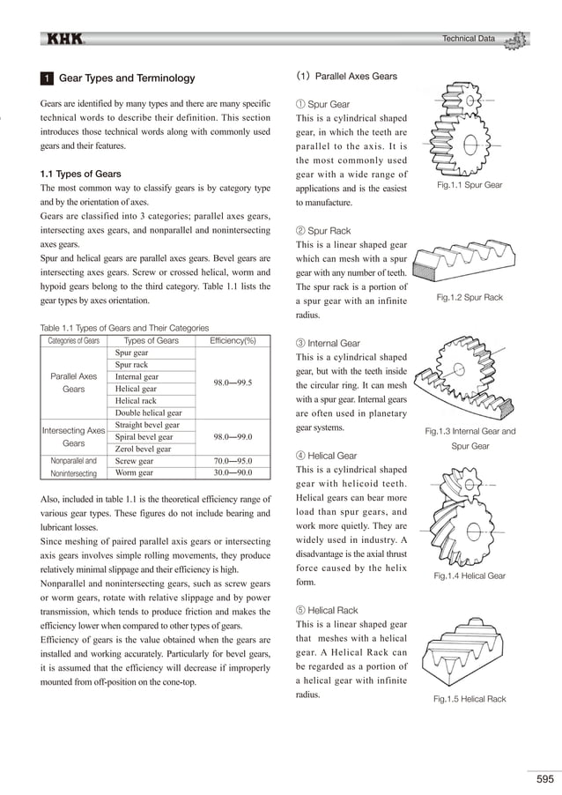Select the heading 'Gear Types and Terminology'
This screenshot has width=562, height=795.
(126, 78)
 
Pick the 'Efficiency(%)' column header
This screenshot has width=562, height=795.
(233, 341)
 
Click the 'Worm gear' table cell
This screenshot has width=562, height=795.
(136, 472)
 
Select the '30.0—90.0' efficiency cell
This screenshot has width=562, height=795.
(233, 472)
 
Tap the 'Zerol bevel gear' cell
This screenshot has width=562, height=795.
(143, 449)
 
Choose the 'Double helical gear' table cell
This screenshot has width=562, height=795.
(149, 412)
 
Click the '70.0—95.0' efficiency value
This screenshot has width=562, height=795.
(233, 460)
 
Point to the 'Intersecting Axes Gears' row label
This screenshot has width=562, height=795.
(73, 436)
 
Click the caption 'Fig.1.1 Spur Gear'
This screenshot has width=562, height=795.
(470, 185)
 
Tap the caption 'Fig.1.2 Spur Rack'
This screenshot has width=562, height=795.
(470, 298)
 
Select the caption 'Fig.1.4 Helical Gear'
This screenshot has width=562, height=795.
(470, 576)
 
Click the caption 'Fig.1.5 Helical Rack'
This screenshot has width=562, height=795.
(470, 699)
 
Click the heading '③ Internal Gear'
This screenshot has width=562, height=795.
(329, 343)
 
